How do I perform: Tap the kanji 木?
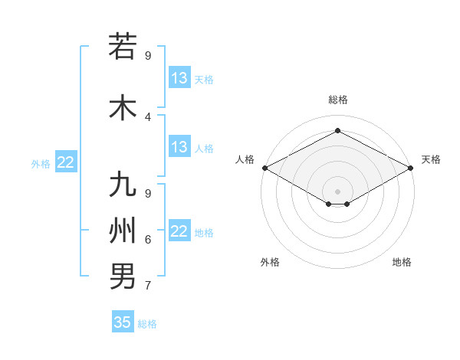coord(123,107)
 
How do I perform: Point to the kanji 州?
coord(123,230)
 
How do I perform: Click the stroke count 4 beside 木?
coord(148,116)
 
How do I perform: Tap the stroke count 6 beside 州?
coord(148,240)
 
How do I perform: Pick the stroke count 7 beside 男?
coord(148,286)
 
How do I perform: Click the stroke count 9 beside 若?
coord(148,55)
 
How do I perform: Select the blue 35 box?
coord(123,322)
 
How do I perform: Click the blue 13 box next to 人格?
coord(179,147)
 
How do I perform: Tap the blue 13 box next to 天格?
coord(179,79)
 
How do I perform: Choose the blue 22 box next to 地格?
coord(179,232)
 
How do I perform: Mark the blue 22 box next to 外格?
coord(66,162)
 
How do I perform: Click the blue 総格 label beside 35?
coord(147,324)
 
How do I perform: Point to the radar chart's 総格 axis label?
coord(337,100)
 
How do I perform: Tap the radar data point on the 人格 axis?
coord(264,168)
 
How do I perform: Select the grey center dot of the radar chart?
coord(337,190)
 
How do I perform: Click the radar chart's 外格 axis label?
coord(270,262)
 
